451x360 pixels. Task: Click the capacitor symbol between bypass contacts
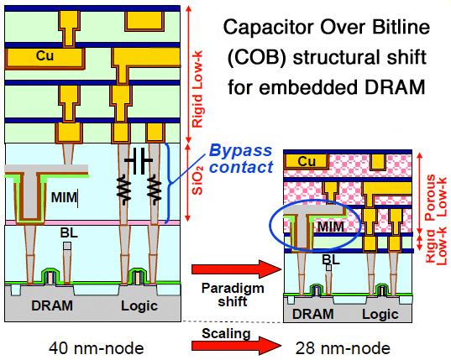tap(139, 160)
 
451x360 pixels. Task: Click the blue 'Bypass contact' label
tap(241, 159)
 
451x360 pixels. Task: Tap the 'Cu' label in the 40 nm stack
tap(45, 55)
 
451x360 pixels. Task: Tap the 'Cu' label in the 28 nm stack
tap(307, 161)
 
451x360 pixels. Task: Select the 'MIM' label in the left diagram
tap(64, 197)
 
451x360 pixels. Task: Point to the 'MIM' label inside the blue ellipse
tap(331, 227)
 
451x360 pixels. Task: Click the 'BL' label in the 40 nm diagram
tap(69, 233)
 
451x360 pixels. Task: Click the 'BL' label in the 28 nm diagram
tap(331, 260)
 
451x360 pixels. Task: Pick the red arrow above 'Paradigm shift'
tap(236, 269)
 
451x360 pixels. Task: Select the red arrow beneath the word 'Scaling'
tap(236, 346)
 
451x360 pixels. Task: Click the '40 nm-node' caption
tap(96, 348)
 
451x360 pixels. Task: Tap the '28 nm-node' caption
tap(343, 348)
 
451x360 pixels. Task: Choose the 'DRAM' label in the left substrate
tap(52, 305)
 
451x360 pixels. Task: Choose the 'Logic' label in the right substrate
tap(380, 315)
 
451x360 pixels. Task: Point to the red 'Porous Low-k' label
tap(437, 197)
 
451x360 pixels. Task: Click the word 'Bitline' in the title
tap(401, 28)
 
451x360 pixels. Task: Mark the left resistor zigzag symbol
tap(124, 189)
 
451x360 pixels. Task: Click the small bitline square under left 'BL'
tap(67, 246)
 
